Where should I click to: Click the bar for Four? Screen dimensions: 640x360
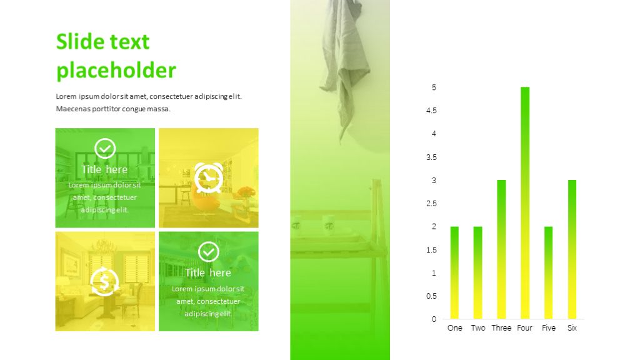click(x=525, y=203)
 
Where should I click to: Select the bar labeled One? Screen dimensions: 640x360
click(x=454, y=272)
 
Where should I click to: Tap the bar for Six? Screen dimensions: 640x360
click(x=572, y=249)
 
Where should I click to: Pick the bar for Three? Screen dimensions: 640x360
click(x=501, y=249)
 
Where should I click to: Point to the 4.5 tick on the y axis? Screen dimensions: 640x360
click(x=431, y=111)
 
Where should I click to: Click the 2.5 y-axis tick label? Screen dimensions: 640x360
click(x=431, y=203)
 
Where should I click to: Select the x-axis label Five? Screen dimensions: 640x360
click(x=549, y=327)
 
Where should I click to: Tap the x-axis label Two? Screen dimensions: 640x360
click(x=478, y=327)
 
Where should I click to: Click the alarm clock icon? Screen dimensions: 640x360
click(x=209, y=178)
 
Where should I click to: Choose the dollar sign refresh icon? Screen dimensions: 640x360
click(x=104, y=282)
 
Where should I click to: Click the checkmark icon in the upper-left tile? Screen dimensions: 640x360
click(x=105, y=149)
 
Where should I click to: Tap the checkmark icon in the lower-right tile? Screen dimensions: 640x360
click(x=209, y=252)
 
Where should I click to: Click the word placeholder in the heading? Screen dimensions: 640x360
click(x=116, y=70)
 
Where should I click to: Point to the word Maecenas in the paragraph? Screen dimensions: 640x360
click(x=72, y=109)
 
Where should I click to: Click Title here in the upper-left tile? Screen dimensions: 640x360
click(x=104, y=169)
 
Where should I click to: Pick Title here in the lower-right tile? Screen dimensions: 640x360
click(x=208, y=272)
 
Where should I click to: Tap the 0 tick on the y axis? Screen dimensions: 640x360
click(x=434, y=319)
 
